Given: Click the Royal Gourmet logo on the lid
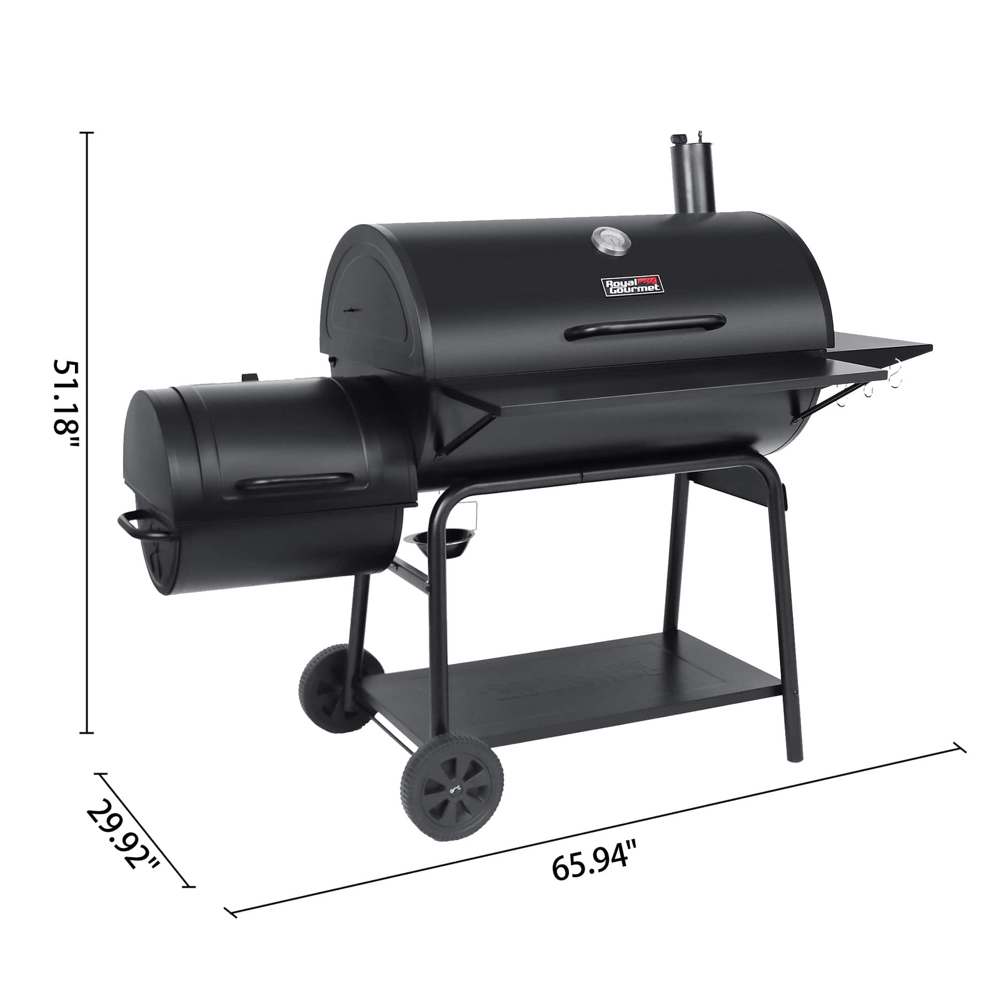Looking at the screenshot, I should point(633,285).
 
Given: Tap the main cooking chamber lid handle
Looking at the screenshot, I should point(646,326).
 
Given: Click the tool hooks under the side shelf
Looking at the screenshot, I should point(880,388).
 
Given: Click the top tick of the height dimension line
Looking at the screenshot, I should point(87,133).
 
